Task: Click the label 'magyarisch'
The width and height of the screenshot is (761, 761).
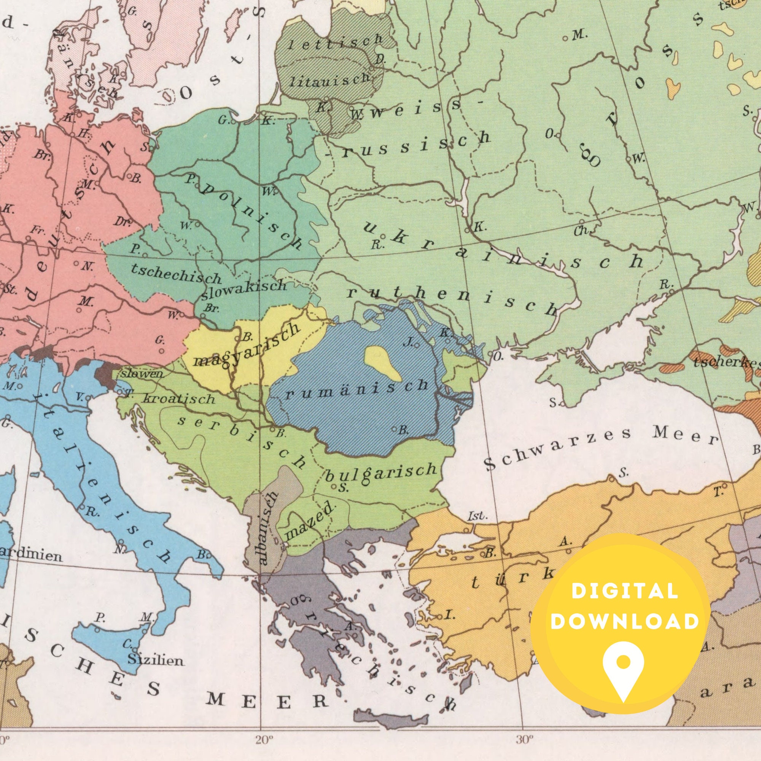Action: pyautogui.click(x=246, y=346)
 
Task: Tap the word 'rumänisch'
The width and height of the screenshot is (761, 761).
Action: pyautogui.click(x=357, y=389)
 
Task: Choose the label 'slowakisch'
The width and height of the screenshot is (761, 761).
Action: pyautogui.click(x=244, y=289)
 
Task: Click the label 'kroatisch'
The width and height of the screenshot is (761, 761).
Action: pyautogui.click(x=179, y=399)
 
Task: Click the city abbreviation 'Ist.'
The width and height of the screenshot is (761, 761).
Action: pyautogui.click(x=478, y=516)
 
